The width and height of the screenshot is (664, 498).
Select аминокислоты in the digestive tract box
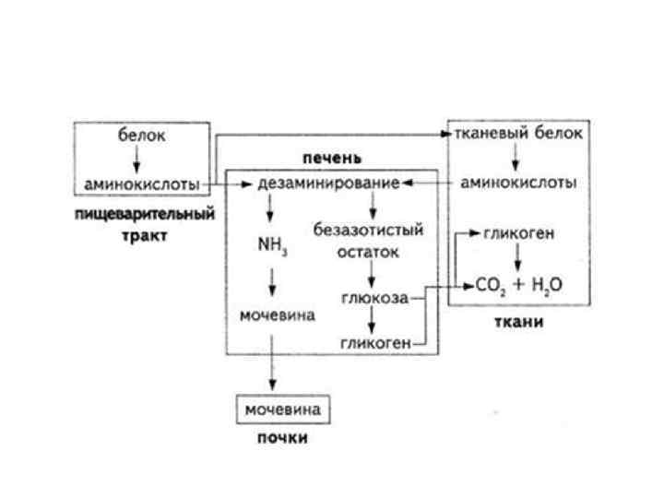click(x=142, y=184)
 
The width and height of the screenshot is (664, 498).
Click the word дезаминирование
click(x=328, y=184)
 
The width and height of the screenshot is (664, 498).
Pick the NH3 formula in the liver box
click(x=272, y=247)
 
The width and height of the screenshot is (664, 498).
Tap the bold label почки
click(x=282, y=438)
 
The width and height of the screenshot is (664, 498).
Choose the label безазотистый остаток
click(x=368, y=240)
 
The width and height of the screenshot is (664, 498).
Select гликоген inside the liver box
click(x=374, y=344)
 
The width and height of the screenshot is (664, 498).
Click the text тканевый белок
click(x=518, y=134)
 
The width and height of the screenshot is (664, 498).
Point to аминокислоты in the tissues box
click(x=518, y=184)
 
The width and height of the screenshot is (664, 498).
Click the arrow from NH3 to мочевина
click(x=272, y=281)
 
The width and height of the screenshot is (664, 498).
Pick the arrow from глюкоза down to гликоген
click(x=371, y=321)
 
